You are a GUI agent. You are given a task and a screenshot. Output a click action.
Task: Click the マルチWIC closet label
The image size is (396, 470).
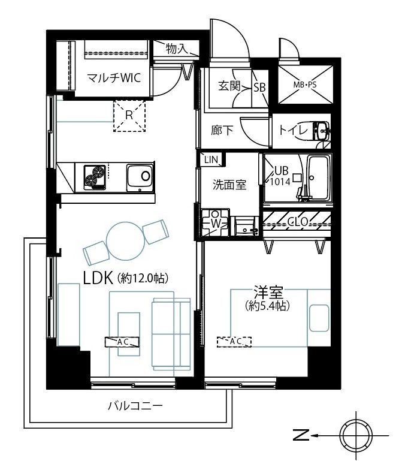point(114,78)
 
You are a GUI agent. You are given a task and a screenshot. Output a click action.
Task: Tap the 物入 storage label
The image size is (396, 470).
point(176,48)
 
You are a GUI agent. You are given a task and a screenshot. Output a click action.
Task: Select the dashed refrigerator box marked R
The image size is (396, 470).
point(129,116)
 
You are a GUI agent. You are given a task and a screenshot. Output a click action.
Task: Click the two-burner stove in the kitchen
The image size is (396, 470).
point(95,177)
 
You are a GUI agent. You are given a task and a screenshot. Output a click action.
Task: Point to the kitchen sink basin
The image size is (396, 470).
point(140,177)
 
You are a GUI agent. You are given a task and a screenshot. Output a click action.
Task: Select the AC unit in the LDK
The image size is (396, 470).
point(122,342)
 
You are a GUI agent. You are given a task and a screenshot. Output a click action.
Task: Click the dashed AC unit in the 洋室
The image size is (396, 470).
point(234,342)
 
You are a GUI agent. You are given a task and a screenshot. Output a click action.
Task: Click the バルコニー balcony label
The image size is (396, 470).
point(135,406)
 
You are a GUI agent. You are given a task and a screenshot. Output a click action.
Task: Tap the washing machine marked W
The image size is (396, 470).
point(215,223)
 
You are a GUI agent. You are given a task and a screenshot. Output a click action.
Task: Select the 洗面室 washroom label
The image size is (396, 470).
point(229,185)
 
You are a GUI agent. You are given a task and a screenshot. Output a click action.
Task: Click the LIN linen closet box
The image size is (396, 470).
point(211,159)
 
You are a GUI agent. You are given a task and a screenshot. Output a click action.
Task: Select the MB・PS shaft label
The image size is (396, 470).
point(304,85)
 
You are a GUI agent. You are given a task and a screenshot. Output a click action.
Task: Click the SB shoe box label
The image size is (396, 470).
point(260,88)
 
